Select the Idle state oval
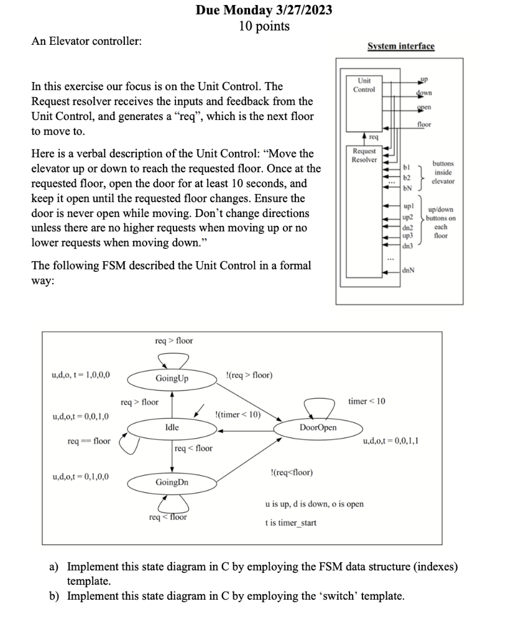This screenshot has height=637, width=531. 172,427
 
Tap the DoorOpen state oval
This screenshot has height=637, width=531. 318,427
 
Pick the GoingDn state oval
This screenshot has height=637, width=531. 172,481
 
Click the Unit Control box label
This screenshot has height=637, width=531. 364,85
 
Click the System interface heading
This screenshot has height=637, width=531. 401,47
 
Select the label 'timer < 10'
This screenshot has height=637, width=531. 367,401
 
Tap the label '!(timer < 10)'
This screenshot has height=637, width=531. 237,414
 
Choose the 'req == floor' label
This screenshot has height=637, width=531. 89,441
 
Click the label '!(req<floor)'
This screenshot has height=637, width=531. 292,473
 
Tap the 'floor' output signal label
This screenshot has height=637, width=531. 424,124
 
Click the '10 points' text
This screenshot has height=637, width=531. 264,26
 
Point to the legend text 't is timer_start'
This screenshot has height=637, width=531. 290,523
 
